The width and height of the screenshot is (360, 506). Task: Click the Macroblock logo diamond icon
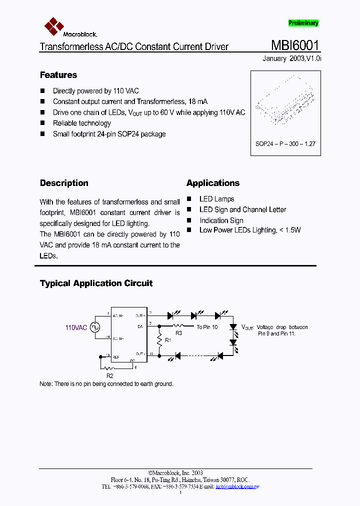point(53,25)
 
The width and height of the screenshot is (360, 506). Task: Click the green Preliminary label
point(303,23)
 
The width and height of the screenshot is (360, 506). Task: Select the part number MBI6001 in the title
point(295,45)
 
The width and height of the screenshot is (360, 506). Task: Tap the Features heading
point(58,75)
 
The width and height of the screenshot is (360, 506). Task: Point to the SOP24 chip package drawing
point(285,105)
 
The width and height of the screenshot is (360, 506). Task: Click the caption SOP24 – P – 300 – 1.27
point(285,143)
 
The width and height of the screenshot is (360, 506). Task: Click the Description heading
point(64,183)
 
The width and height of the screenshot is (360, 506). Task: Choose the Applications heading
point(213,183)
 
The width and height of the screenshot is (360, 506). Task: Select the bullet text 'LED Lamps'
point(216,199)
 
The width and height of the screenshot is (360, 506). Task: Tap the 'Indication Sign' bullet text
point(221,220)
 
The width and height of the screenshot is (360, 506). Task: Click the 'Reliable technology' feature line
point(82,123)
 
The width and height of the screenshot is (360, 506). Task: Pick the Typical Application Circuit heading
point(96,283)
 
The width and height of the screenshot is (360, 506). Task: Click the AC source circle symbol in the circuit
point(93,327)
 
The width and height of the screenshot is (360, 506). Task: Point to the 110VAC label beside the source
point(76,328)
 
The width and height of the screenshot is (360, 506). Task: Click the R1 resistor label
point(168,340)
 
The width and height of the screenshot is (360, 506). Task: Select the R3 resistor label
point(178,332)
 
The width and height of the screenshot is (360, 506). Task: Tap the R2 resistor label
point(110,374)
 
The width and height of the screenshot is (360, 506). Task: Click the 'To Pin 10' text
point(207,327)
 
